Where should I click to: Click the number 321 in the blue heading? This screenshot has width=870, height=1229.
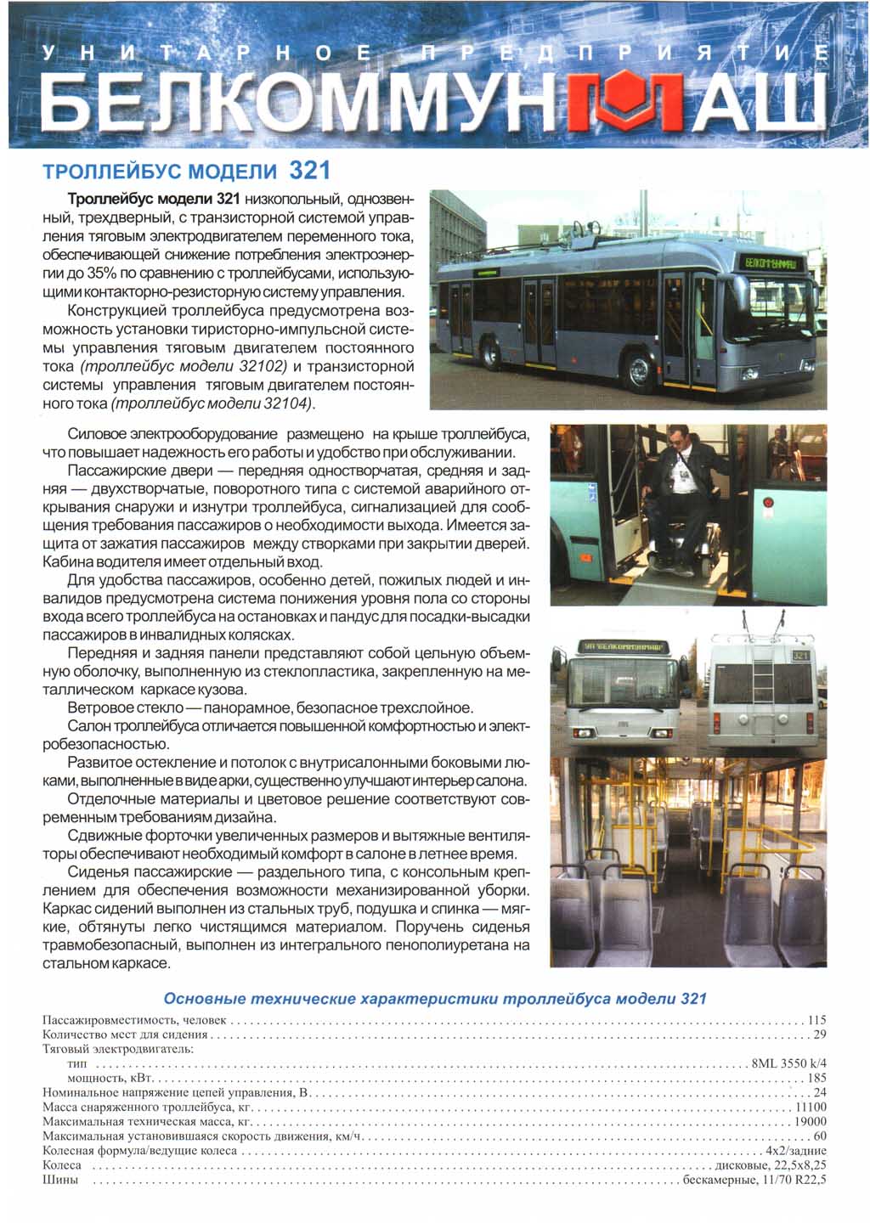coord(309,171)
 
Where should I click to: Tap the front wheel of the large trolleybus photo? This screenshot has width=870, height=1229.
coord(639,369)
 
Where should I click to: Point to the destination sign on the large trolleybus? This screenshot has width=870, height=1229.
coord(771,263)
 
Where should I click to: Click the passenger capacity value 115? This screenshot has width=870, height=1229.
coord(816,1020)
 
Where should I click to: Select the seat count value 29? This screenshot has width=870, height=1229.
coord(820,1035)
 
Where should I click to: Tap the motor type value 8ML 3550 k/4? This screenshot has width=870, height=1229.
coord(789,1063)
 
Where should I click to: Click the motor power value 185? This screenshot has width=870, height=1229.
coord(816,1078)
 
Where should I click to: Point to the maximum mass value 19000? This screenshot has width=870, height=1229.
coord(811,1121)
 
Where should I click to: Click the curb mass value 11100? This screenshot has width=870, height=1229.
coord(811,1107)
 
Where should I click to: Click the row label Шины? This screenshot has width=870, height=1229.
coord(60,1180)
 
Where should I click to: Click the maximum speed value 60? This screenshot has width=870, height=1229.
coord(820,1136)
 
